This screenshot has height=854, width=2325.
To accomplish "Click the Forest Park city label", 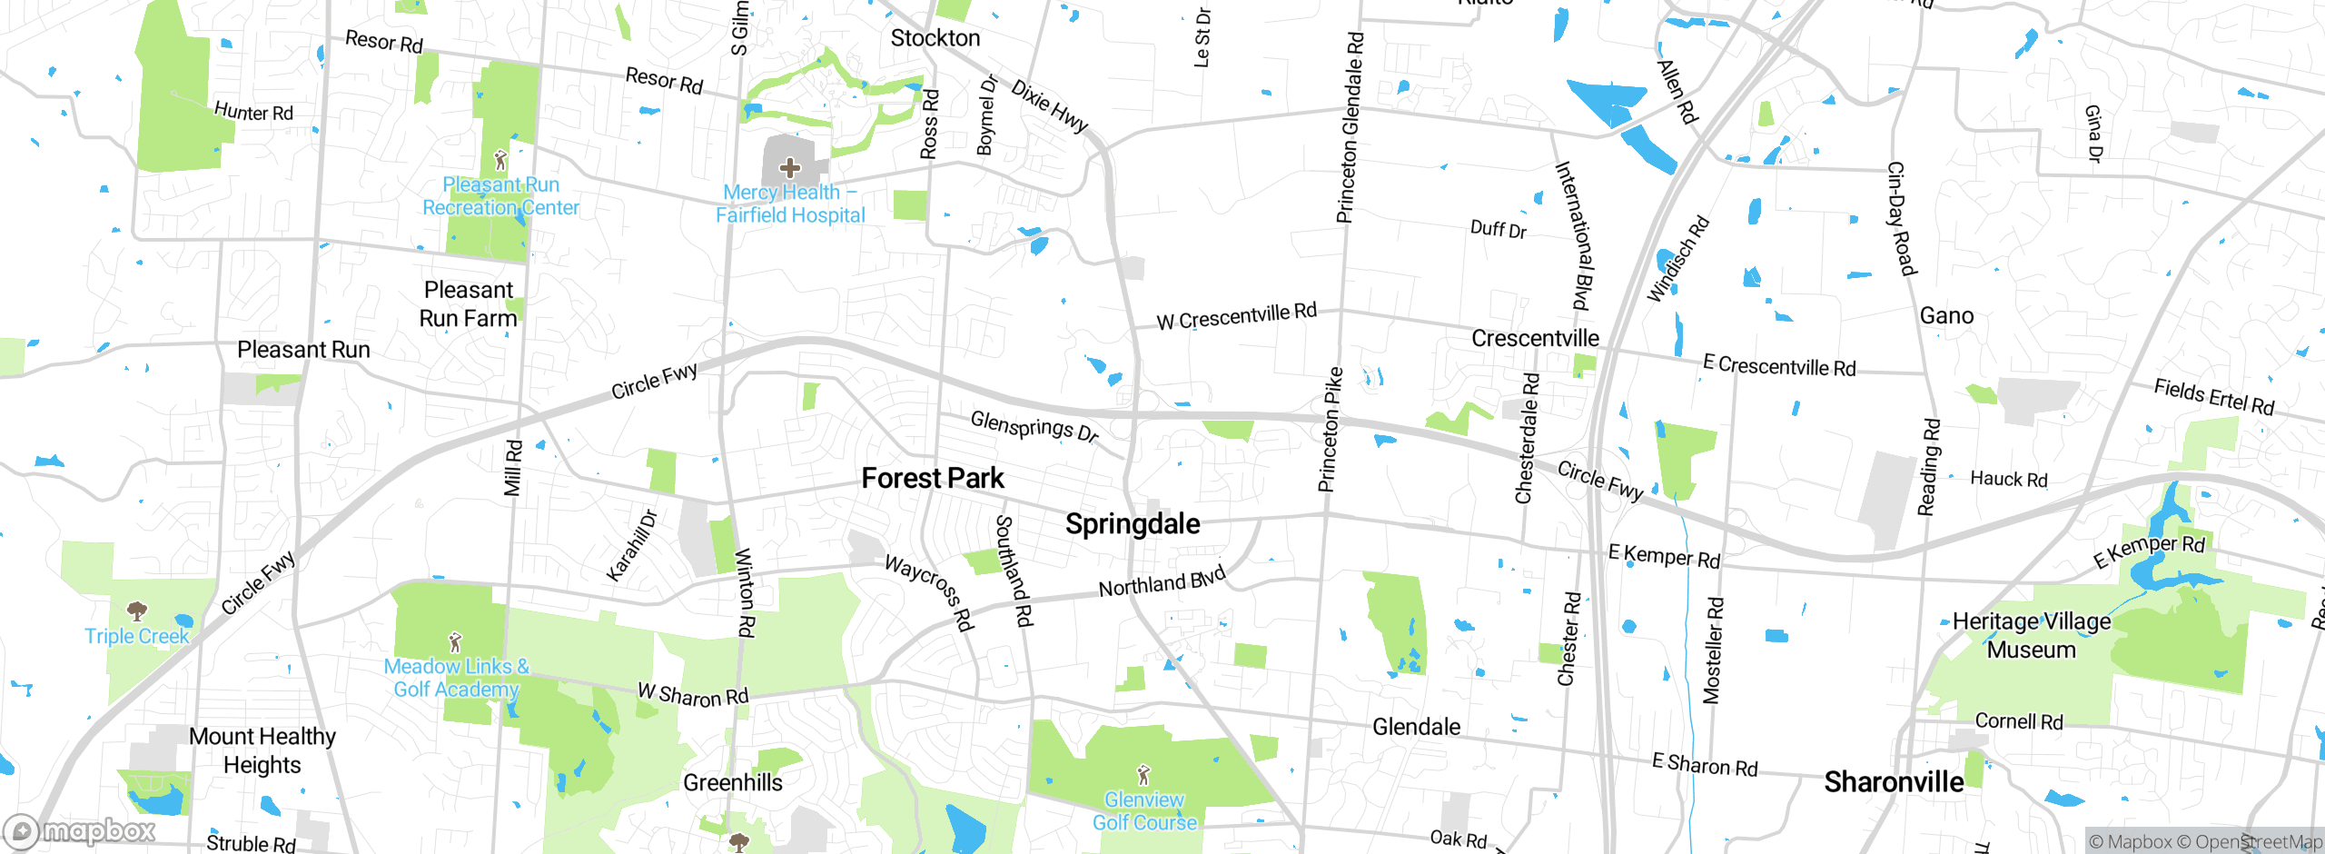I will click(x=933, y=478).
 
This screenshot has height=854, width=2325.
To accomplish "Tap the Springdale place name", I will click(x=1133, y=524).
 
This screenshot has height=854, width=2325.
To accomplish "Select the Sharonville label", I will click(x=1894, y=781).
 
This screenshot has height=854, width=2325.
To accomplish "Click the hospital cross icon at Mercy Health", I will click(x=790, y=168).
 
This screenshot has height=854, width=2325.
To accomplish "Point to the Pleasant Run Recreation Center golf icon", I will click(x=500, y=161).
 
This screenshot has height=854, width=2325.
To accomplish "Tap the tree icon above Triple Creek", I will click(x=137, y=611).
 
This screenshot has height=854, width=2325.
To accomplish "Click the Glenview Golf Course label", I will click(x=1144, y=811).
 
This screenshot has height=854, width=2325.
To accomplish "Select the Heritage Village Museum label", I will click(x=2032, y=635).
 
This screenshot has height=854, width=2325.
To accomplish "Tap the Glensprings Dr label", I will click(x=1034, y=426).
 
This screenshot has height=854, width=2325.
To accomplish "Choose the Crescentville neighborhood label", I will click(x=1535, y=339).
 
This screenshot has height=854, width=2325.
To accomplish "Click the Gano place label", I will click(x=1946, y=316).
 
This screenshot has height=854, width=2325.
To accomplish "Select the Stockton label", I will click(x=935, y=38).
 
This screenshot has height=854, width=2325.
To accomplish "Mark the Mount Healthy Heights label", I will click(x=262, y=750).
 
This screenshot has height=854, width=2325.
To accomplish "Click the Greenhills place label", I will click(x=732, y=782).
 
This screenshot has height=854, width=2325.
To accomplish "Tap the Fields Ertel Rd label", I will click(x=2213, y=397).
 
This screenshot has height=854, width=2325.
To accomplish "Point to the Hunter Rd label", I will click(x=253, y=112).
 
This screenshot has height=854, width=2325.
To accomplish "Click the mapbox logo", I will click(x=80, y=830).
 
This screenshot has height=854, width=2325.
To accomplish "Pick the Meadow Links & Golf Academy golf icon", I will click(x=456, y=643).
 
